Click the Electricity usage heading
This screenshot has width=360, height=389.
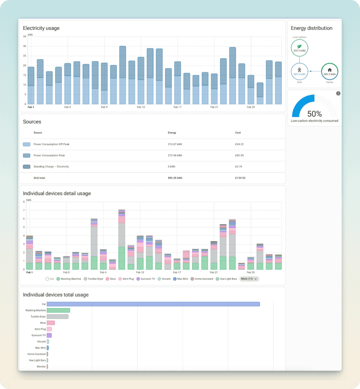coord(41,28)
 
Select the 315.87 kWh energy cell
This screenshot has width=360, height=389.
coord(175,144)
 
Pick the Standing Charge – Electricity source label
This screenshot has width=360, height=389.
coord(51,166)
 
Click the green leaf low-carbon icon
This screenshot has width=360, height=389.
coord(299,46)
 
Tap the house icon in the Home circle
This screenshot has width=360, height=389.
coord(330,70)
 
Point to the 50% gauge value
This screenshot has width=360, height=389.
coord(314,114)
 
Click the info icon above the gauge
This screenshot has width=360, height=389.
coord(338,93)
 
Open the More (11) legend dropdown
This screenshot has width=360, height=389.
coord(249,279)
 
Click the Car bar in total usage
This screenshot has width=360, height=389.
coord(153,304)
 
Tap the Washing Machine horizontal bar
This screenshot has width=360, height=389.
coord(59,310)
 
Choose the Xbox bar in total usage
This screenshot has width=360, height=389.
coord(51,323)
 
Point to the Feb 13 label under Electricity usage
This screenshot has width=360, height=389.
coord(140,108)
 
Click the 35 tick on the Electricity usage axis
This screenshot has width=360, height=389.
coord(24,36)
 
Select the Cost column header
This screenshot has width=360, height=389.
coord(238,133)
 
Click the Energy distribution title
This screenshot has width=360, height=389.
coord(311,28)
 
